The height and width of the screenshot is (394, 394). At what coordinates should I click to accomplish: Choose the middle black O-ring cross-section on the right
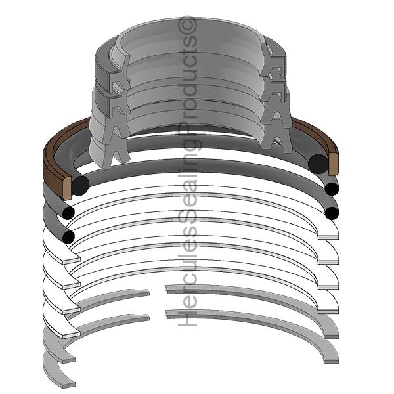click(x=332, y=190)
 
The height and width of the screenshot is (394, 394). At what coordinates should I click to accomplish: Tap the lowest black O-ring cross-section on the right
click(x=332, y=213)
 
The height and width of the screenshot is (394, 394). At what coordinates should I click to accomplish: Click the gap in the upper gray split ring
click(x=158, y=290)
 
